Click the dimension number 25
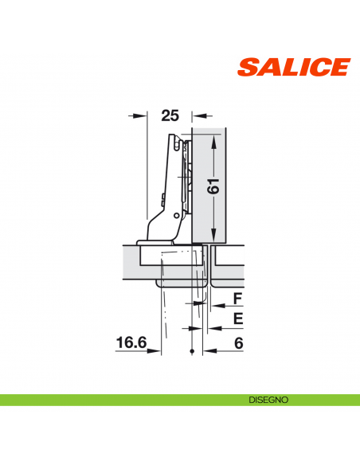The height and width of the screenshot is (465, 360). coord(169,115)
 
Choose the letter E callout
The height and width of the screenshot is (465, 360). coord(237,320)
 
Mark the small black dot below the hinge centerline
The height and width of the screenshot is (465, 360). coord(192,351)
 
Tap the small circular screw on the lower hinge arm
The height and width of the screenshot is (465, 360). coord(176,216)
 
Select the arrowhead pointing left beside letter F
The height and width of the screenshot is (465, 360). coord(212,305)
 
